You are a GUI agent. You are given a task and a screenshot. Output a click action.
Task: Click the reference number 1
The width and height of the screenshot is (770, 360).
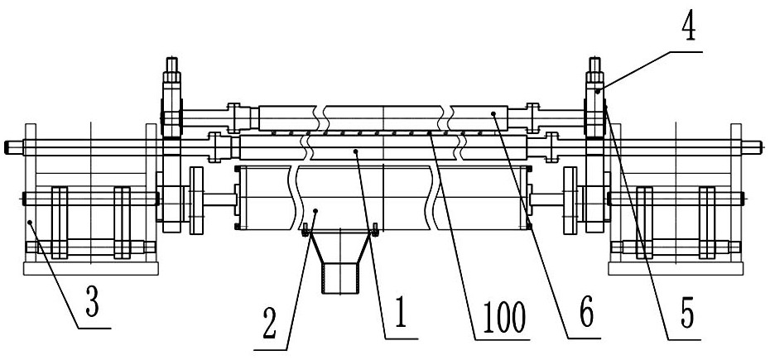401,314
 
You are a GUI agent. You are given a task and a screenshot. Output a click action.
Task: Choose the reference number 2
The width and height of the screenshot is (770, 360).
270,325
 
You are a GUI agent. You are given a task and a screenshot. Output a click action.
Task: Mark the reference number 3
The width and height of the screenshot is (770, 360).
93,304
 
